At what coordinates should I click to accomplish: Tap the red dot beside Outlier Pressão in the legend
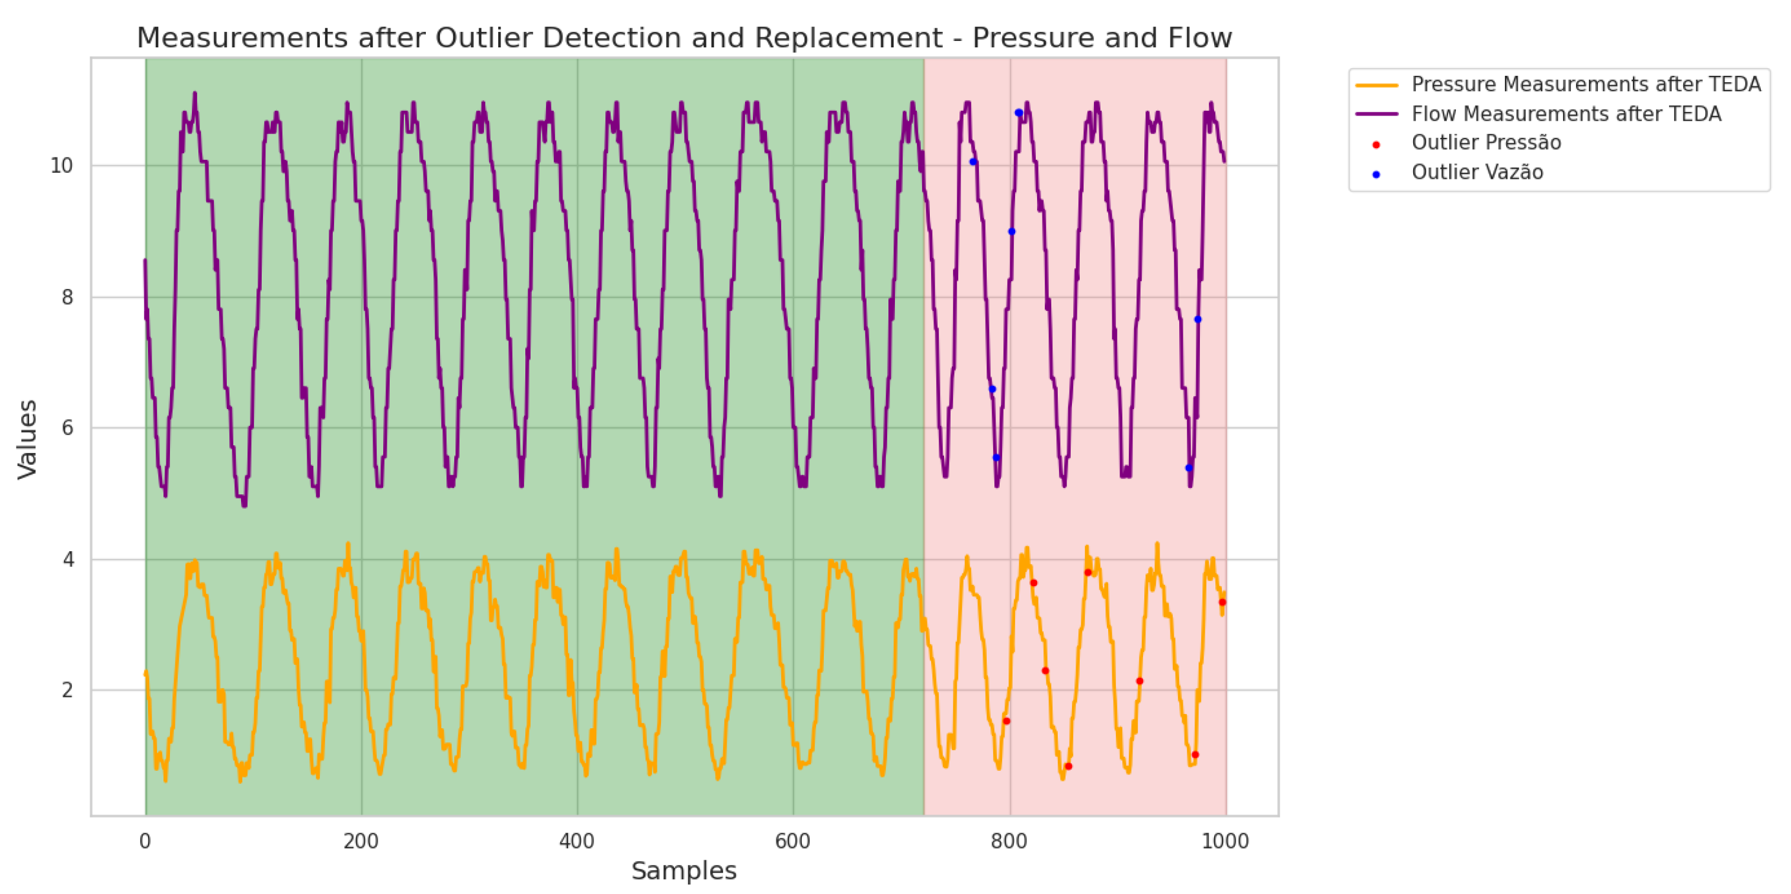pos(1376,144)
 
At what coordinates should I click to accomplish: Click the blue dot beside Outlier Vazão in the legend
pos(1376,175)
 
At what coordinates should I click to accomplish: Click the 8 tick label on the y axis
pos(67,298)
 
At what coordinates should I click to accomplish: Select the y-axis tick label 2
pos(67,690)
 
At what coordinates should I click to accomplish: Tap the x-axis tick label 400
pos(576,842)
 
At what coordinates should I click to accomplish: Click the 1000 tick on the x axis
pos(1225,842)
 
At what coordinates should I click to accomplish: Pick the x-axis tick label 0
pos(145,842)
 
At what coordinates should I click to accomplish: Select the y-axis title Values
pos(27,439)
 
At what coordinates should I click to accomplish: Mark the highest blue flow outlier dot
pos(1019,112)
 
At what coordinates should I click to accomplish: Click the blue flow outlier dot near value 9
pos(1012,231)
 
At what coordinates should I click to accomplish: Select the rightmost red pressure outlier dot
pos(1222,602)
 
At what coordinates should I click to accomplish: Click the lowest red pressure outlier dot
pos(1068,766)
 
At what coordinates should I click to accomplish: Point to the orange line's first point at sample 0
pos(145,673)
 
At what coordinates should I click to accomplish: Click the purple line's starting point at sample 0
pos(145,261)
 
